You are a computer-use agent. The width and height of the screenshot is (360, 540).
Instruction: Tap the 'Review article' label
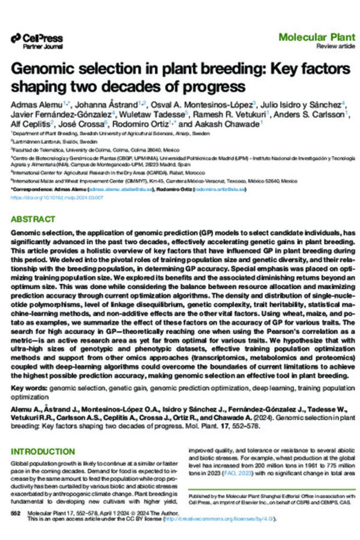tap(330, 46)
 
